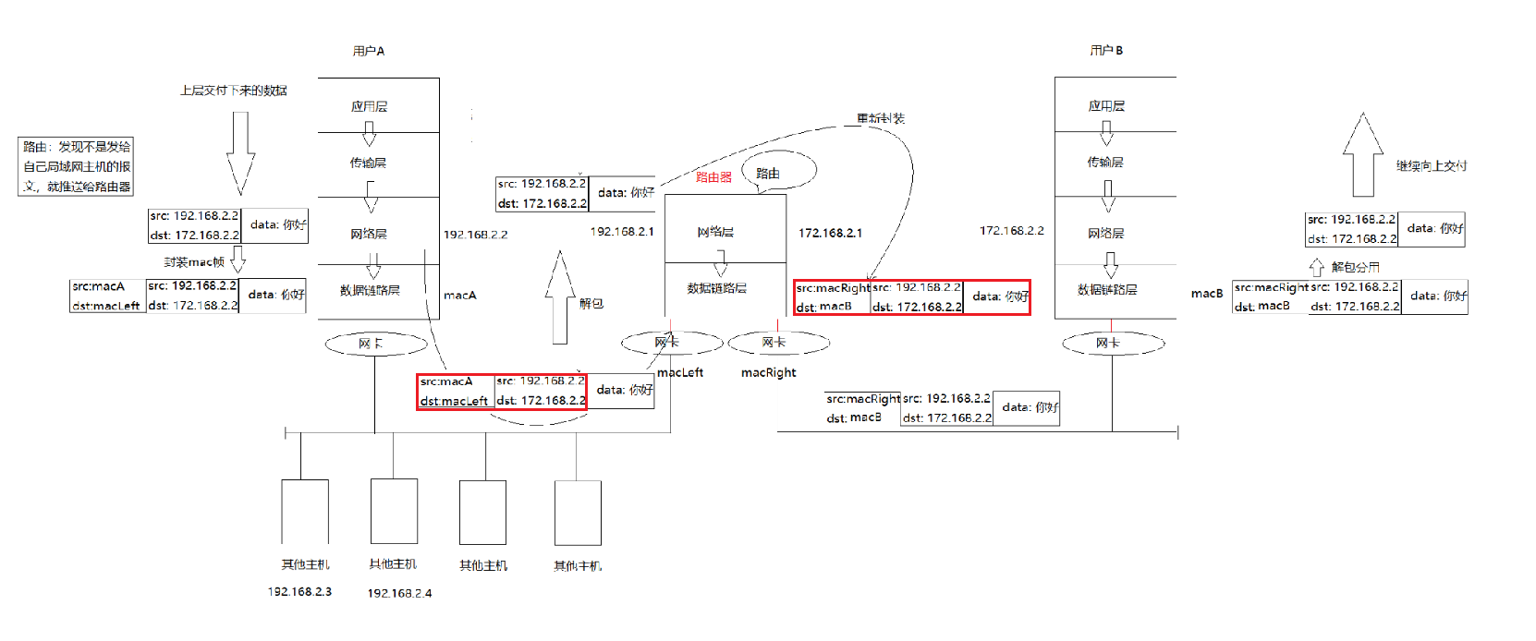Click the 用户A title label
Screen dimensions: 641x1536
click(x=369, y=51)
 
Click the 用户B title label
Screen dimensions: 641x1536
click(x=1106, y=50)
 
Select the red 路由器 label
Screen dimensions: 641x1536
click(x=713, y=176)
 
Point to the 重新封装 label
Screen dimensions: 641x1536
click(x=880, y=118)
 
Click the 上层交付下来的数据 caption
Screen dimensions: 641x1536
click(x=234, y=91)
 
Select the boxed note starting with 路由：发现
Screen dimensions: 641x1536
click(x=76, y=166)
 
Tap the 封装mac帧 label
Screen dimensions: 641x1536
click(x=194, y=262)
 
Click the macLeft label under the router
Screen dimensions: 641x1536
click(x=680, y=372)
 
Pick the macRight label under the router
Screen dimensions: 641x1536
click(x=768, y=372)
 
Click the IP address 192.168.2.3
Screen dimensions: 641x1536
click(x=299, y=591)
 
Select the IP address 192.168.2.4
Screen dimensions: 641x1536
click(x=399, y=593)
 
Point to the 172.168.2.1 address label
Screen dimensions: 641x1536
click(x=830, y=233)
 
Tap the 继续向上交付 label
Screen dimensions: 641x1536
click(x=1432, y=166)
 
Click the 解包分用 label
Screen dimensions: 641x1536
click(x=1355, y=267)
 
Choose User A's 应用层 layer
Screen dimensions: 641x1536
click(x=369, y=106)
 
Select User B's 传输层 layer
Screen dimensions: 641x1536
click(x=1105, y=162)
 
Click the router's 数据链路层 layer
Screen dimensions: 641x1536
click(x=716, y=288)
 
